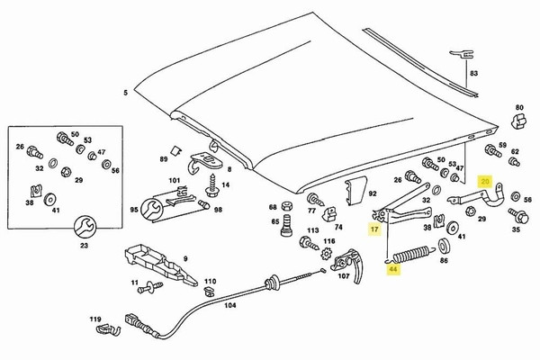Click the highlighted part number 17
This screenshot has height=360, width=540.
point(373,230)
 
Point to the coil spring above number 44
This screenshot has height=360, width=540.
point(411,252)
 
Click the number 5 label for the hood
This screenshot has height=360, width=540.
point(126,93)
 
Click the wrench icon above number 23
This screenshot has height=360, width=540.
point(85,224)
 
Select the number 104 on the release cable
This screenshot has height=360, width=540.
point(229,305)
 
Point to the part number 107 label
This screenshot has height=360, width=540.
point(343,277)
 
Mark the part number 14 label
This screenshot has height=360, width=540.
point(226,184)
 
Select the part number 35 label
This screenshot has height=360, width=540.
point(516,230)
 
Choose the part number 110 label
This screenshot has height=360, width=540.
point(210,281)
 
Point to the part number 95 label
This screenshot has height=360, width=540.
point(134,210)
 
